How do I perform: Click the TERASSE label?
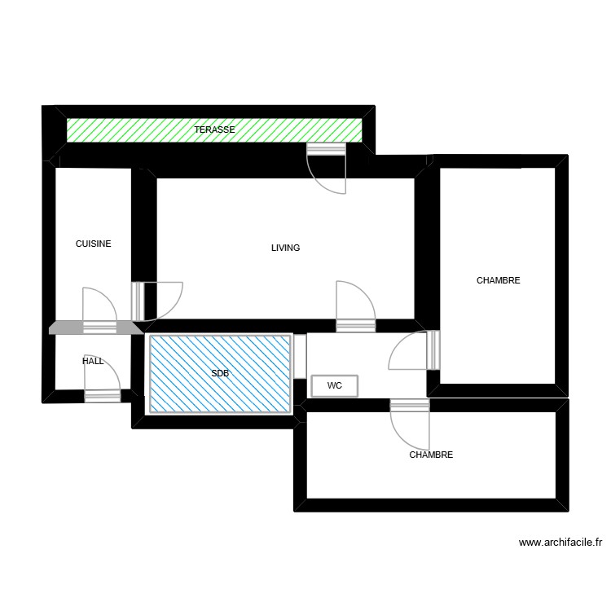coord(215,130)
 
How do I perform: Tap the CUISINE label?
coord(93,244)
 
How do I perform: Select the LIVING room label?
coord(285,248)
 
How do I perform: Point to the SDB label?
coord(220,374)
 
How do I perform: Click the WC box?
coord(334,385)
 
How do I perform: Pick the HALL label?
coord(93,360)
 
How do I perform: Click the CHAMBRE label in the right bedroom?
coord(498,280)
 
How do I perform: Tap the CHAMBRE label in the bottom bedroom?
coord(431,455)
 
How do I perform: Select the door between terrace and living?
coord(327,168)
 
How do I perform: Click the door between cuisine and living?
coord(159,300)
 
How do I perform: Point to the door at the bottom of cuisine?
coord(100,310)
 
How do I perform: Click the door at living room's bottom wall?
coord(356,306)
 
